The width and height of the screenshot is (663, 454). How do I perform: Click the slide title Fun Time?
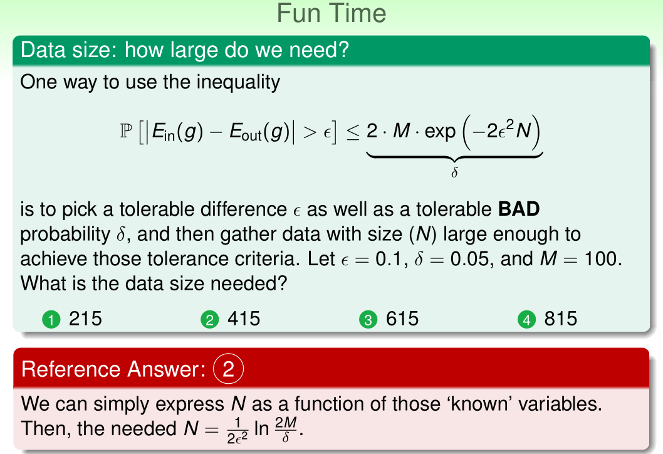pyautogui.click(x=331, y=13)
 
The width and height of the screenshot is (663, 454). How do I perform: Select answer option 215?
pyautogui.click(x=85, y=319)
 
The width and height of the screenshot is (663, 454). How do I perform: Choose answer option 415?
pyautogui.click(x=244, y=319)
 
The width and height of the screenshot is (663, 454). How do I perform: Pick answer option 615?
pyautogui.click(x=402, y=319)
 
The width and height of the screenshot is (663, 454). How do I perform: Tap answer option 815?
pyautogui.click(x=561, y=319)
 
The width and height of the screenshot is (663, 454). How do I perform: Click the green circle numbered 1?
pyautogui.click(x=51, y=319)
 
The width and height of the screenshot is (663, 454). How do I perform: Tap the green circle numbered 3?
pyautogui.click(x=368, y=319)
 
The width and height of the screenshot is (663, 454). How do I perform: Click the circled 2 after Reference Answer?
pyautogui.click(x=228, y=369)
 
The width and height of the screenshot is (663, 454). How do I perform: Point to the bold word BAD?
pyautogui.click(x=519, y=209)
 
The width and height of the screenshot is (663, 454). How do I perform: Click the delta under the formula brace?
pyautogui.click(x=454, y=172)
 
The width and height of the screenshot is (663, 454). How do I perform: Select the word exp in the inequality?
pyautogui.click(x=440, y=130)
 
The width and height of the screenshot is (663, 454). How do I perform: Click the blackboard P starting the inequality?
pyautogui.click(x=126, y=130)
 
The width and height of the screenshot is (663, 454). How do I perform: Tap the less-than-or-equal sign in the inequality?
pyautogui.click(x=353, y=132)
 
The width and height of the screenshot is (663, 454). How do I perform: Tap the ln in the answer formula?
pyautogui.click(x=262, y=429)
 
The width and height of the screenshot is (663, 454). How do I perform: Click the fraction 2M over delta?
pyautogui.click(x=286, y=430)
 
